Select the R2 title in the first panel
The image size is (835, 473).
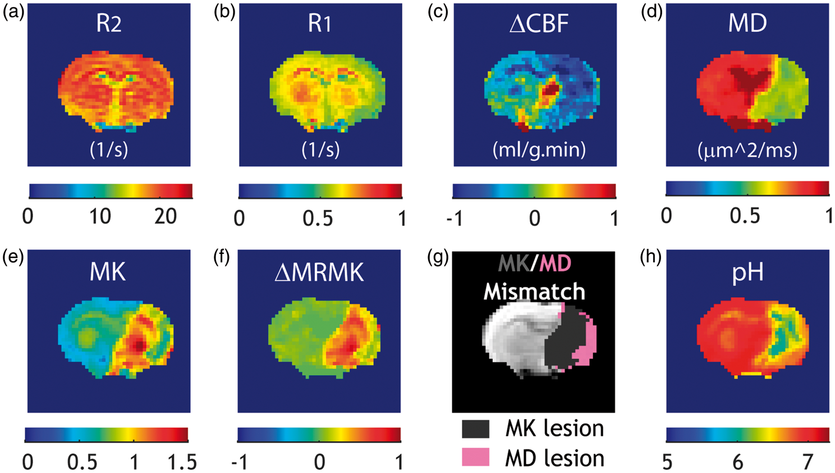[109, 24]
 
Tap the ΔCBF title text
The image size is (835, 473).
[539, 23]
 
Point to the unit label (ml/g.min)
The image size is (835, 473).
[539, 149]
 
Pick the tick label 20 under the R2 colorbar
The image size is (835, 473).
[166, 217]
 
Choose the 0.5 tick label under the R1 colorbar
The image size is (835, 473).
[318, 218]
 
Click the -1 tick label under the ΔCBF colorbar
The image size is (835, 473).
[455, 218]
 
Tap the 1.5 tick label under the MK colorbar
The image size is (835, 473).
[182, 462]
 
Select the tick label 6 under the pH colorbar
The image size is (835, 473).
[738, 462]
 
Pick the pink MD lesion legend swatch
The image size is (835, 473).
[476, 457]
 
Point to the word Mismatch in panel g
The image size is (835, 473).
[534, 291]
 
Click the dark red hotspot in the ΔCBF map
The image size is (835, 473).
[551, 90]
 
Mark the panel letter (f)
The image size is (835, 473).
[222, 257]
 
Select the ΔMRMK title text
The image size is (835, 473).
[319, 272]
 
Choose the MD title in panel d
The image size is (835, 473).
[748, 23]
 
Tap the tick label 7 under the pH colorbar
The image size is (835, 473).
[808, 462]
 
